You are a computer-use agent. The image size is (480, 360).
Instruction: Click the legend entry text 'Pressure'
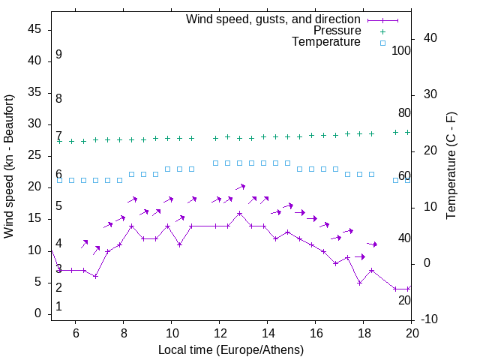337,31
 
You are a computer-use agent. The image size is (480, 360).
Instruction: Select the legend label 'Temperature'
326,42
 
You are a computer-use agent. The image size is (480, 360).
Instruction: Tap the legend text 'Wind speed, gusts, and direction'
274,19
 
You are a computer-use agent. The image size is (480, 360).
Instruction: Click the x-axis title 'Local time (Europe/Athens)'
231,349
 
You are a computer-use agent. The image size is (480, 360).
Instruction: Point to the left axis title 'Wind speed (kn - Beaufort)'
9,166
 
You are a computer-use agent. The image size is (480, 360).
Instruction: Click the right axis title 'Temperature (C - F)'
451,166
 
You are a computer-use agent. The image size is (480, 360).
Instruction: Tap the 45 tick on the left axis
34,29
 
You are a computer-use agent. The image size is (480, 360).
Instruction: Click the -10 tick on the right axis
430,319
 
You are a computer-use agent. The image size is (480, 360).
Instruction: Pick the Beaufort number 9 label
58,55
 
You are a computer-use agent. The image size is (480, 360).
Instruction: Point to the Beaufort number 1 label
58,307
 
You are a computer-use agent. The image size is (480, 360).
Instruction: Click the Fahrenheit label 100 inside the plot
401,51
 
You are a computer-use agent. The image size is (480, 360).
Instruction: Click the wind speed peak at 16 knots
239,213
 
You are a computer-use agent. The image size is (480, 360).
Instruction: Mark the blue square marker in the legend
382,43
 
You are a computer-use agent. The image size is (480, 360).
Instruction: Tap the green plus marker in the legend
382,31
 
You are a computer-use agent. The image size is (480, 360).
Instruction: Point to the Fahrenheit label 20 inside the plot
404,300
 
